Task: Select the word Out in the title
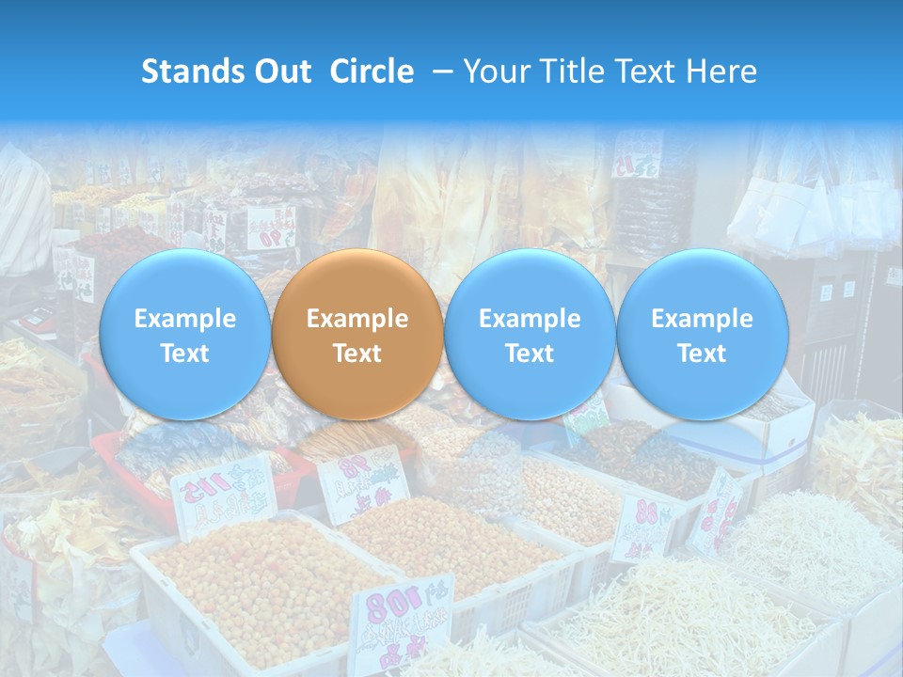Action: coord(282,71)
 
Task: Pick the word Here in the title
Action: coord(723,71)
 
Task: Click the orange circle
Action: coord(356,335)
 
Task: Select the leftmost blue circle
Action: coord(184,335)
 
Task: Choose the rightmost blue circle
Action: coord(702,335)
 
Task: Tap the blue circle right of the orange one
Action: coord(530,335)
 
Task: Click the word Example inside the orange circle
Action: coord(357,319)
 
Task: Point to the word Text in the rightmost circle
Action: coord(702,354)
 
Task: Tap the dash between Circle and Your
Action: coord(437,71)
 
